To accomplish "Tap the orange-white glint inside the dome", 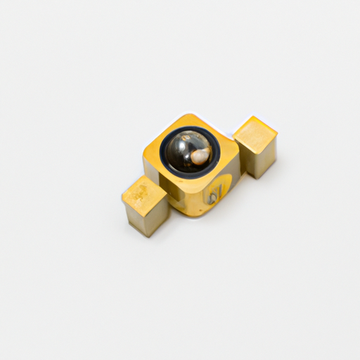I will pyautogui.click(x=201, y=155).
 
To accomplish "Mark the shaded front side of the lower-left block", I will pyautogui.click(x=146, y=219).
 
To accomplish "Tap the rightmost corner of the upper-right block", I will pyautogui.click(x=278, y=131).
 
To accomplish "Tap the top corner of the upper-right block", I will pyautogui.click(x=253, y=117).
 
